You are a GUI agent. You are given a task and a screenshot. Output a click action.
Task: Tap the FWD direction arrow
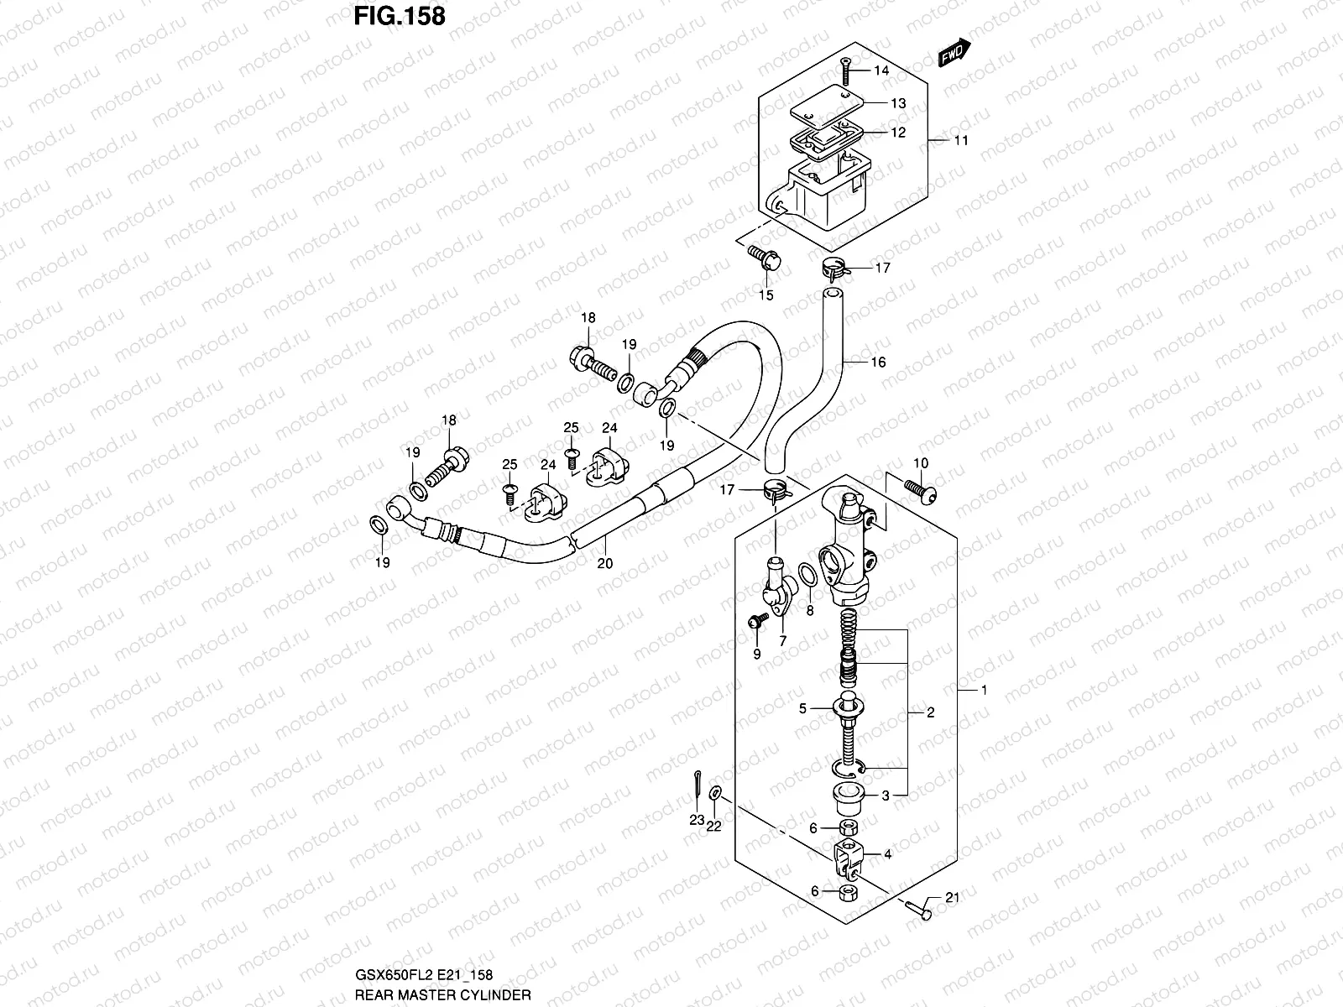pyautogui.click(x=954, y=53)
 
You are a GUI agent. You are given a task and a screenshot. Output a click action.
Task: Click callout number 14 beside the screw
pyautogui.click(x=881, y=70)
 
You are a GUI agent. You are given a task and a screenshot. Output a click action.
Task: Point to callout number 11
pyautogui.click(x=961, y=140)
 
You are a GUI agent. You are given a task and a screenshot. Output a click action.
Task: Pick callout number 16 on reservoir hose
pyautogui.click(x=878, y=363)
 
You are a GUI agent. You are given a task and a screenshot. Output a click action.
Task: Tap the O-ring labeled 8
pyautogui.click(x=807, y=576)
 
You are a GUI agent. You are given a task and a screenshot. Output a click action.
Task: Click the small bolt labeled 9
pyautogui.click(x=758, y=621)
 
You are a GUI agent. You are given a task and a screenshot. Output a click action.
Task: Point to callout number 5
pyautogui.click(x=802, y=709)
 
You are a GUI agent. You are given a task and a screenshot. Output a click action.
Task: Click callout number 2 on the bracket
pyautogui.click(x=930, y=712)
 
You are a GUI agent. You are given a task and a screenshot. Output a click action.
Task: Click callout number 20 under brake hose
pyautogui.click(x=605, y=563)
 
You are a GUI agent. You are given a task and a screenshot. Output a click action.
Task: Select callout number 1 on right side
pyautogui.click(x=984, y=691)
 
